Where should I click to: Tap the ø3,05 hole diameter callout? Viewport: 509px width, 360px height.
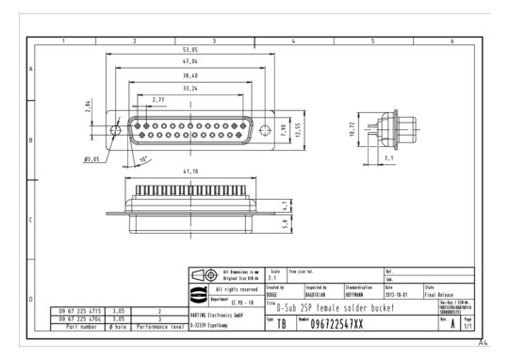(x=92, y=159)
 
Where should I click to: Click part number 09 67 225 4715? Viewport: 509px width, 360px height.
(x=82, y=309)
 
